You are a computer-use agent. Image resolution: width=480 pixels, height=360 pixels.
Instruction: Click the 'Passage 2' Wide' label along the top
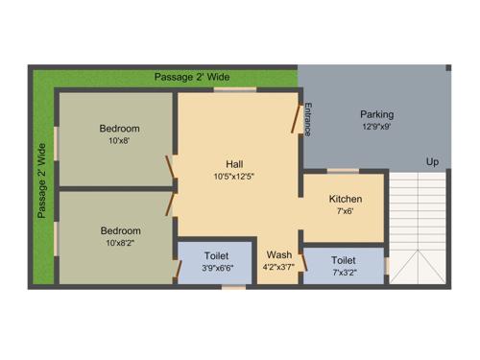coord(192,76)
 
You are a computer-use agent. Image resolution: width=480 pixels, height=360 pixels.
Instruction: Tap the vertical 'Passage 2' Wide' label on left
coord(41,181)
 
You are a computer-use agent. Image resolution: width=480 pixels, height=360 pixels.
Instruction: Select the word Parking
coord(377,114)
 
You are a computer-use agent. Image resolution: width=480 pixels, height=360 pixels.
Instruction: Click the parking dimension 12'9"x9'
coord(377,127)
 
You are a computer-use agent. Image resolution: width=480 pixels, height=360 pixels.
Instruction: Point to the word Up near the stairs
coord(433,162)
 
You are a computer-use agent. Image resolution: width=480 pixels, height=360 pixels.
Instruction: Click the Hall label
coord(234,163)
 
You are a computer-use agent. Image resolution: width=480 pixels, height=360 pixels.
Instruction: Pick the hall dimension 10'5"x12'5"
coord(234,177)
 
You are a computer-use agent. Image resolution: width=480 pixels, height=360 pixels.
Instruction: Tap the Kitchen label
coord(345,199)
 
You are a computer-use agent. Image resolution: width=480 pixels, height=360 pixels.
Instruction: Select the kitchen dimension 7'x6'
coord(345,211)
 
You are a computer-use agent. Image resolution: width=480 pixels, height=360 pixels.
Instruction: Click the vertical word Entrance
coord(308,117)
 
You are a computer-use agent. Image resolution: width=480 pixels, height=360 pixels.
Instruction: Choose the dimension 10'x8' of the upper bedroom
coord(119,141)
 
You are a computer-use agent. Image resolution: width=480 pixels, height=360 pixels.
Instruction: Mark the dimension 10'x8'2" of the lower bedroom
coord(119,244)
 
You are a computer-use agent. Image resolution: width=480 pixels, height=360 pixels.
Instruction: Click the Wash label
coord(279,254)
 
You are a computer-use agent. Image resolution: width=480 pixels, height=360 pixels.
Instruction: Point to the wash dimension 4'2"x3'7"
coord(279,267)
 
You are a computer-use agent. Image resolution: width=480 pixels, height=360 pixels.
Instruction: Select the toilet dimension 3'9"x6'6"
coord(216,270)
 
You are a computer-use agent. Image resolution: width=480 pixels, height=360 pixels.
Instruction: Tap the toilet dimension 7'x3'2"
coord(344,273)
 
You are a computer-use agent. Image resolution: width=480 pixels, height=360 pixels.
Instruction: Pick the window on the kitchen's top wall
coord(343,171)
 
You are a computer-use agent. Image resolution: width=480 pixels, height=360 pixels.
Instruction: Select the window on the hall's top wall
coord(234,89)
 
